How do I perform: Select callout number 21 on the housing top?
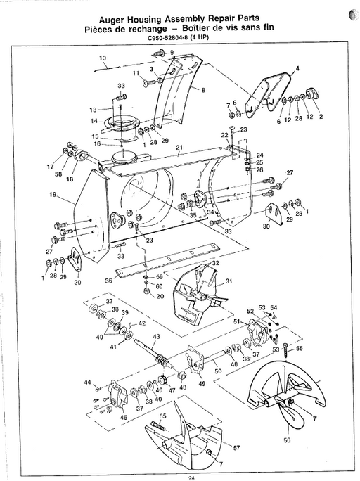(179, 148)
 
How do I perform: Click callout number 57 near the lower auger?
(236, 447)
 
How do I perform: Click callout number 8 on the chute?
(202, 90)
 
